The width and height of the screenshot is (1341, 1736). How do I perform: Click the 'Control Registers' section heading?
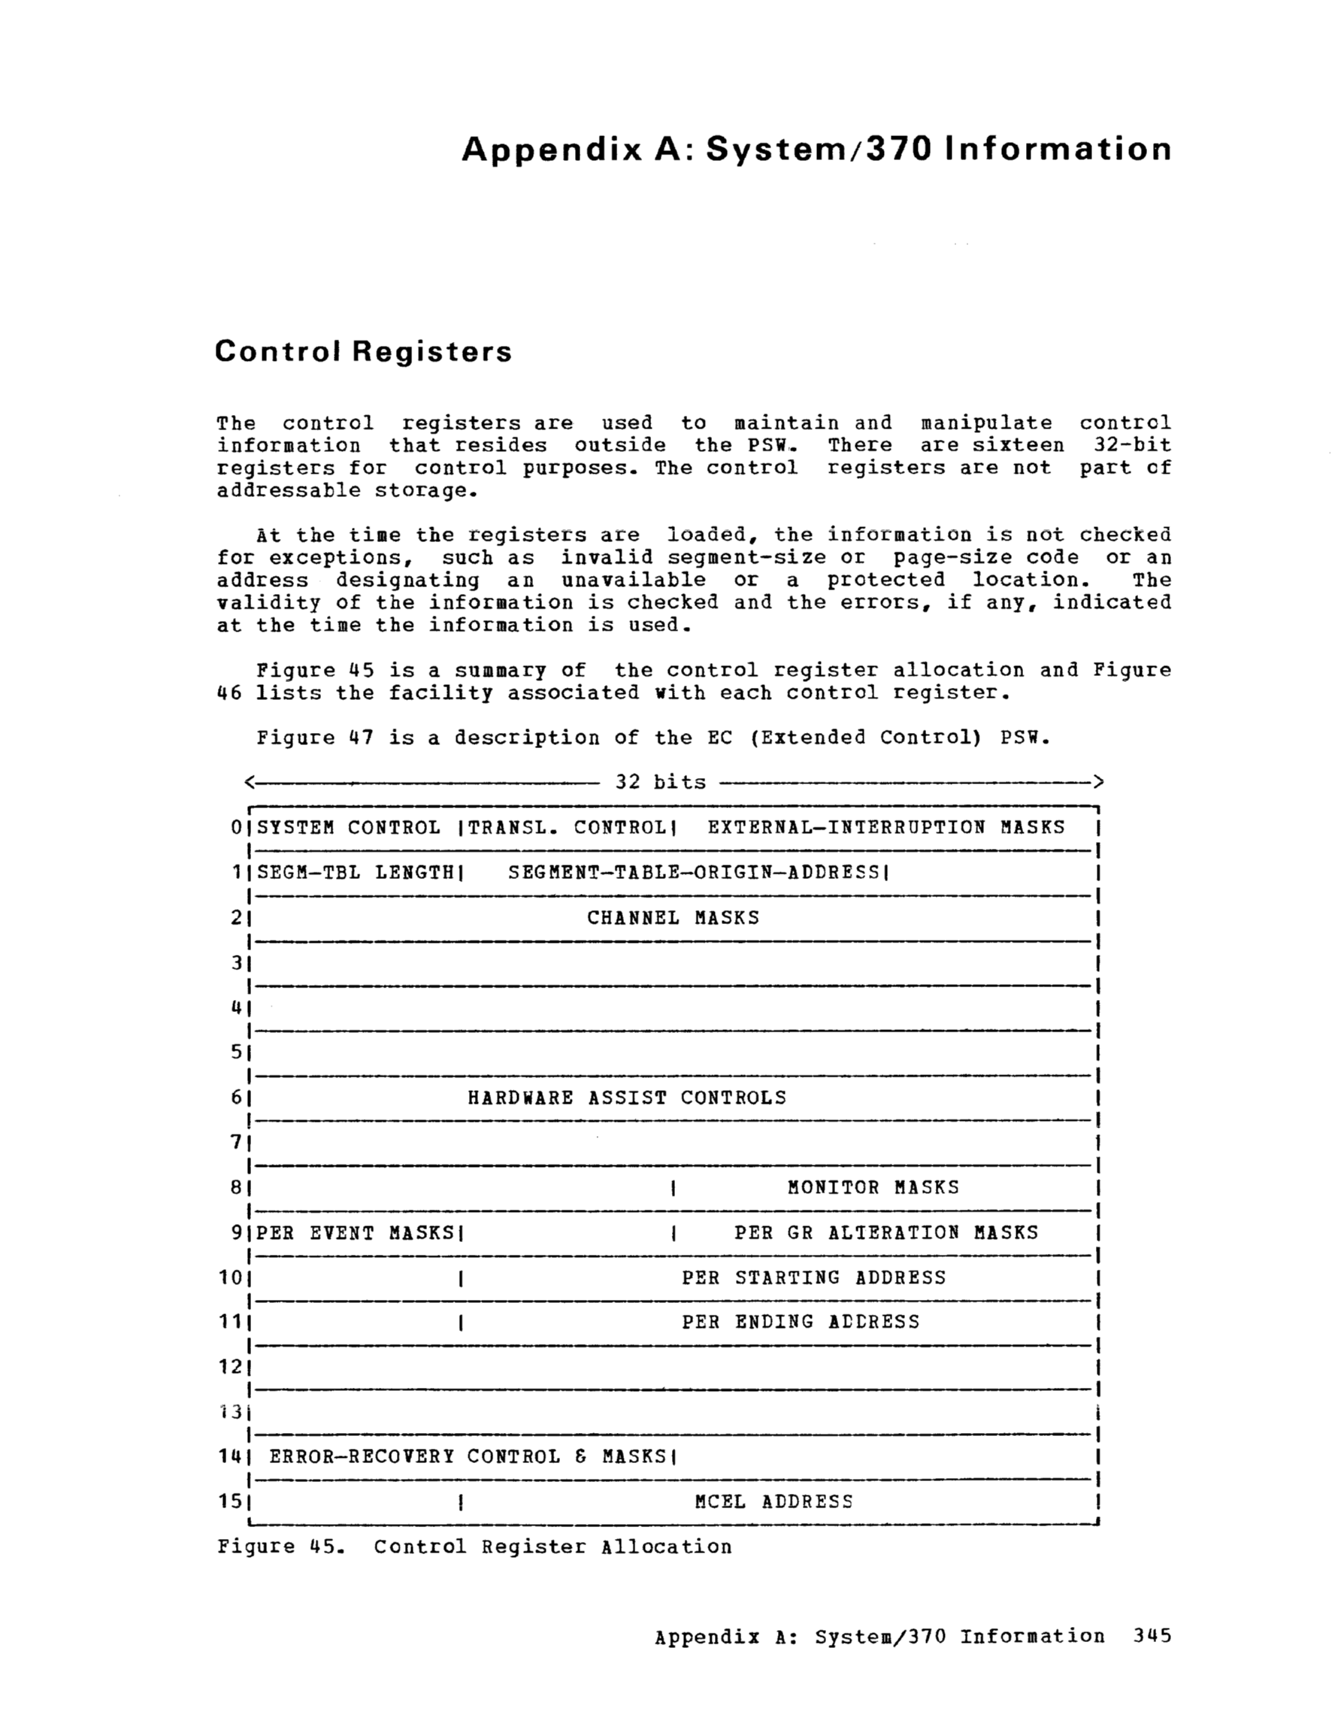[x=363, y=351]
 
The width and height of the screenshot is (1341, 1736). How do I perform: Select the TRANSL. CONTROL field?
[x=567, y=828]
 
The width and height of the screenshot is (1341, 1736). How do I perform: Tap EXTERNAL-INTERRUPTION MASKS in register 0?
[x=885, y=828]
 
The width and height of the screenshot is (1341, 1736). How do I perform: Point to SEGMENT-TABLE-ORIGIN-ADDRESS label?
[x=694, y=873]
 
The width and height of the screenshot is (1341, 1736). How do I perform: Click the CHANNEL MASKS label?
[x=673, y=918]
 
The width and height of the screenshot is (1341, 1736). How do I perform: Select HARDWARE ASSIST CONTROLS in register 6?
[x=626, y=1098]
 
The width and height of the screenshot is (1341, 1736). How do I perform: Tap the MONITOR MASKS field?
[x=873, y=1188]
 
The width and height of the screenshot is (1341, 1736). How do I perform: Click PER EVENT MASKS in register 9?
[x=355, y=1233]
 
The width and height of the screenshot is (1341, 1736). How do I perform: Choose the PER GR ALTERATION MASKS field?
[x=885, y=1233]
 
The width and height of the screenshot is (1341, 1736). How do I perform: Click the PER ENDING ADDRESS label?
[x=801, y=1322]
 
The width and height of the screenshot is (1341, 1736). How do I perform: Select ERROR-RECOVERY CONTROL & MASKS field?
[x=468, y=1457]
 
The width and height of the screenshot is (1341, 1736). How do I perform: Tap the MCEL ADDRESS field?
[x=773, y=1501]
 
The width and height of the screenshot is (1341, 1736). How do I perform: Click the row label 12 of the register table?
[x=230, y=1367]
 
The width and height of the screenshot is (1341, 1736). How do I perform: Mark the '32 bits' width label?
[x=660, y=782]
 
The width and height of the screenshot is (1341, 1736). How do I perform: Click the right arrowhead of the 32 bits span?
[x=1097, y=782]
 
